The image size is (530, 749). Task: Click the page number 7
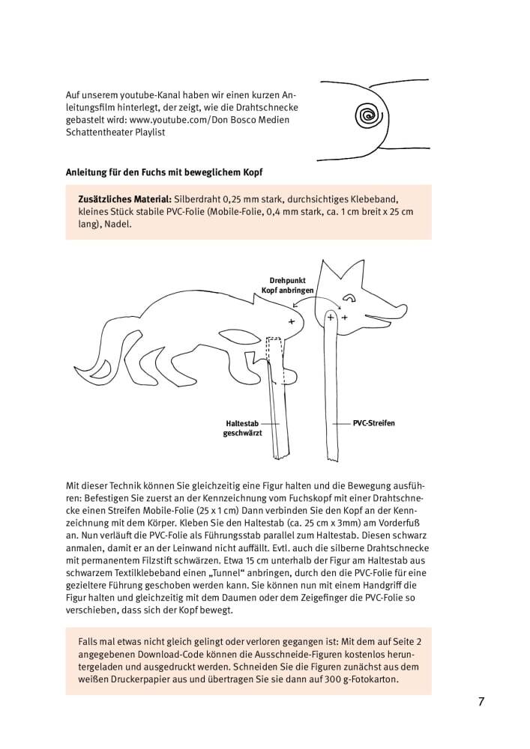(481, 702)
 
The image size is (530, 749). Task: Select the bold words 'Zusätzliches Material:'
(124, 200)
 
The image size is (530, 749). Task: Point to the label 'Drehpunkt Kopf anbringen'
(287, 285)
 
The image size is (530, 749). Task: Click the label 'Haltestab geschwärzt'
(243, 428)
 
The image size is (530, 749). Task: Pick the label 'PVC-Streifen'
(373, 423)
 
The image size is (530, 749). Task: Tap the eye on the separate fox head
(349, 299)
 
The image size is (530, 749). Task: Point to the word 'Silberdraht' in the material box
(198, 200)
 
